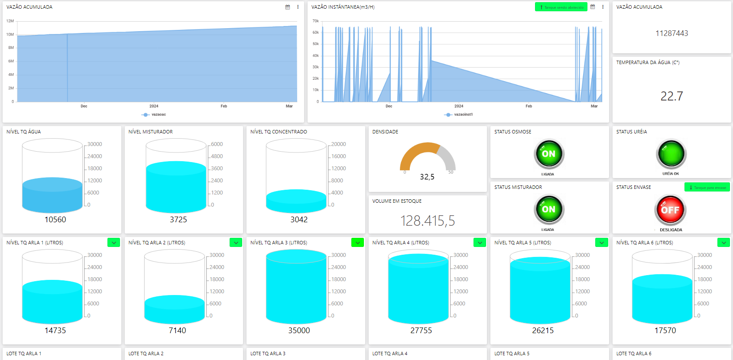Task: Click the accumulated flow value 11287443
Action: pyautogui.click(x=671, y=33)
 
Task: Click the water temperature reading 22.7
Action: pyautogui.click(x=671, y=96)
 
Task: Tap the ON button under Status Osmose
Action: pyautogui.click(x=548, y=154)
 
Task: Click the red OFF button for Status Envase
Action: pyautogui.click(x=670, y=210)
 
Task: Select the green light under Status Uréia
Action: pyautogui.click(x=671, y=154)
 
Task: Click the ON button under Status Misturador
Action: pyautogui.click(x=548, y=209)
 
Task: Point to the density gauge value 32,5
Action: pyautogui.click(x=427, y=177)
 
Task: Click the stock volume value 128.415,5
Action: pyautogui.click(x=428, y=221)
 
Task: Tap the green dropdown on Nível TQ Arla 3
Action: pyautogui.click(x=357, y=243)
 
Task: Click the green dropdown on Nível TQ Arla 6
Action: pyautogui.click(x=723, y=243)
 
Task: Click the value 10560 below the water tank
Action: pyautogui.click(x=55, y=220)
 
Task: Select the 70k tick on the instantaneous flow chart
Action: pyautogui.click(x=315, y=21)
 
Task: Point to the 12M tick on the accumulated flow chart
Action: pyautogui.click(x=10, y=21)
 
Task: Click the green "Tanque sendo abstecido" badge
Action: pyautogui.click(x=561, y=7)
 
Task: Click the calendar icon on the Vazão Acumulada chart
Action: pyautogui.click(x=288, y=7)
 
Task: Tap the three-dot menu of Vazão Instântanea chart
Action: pyautogui.click(x=603, y=7)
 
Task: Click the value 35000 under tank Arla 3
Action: pyautogui.click(x=299, y=331)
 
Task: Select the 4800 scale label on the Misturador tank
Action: pyautogui.click(x=217, y=156)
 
